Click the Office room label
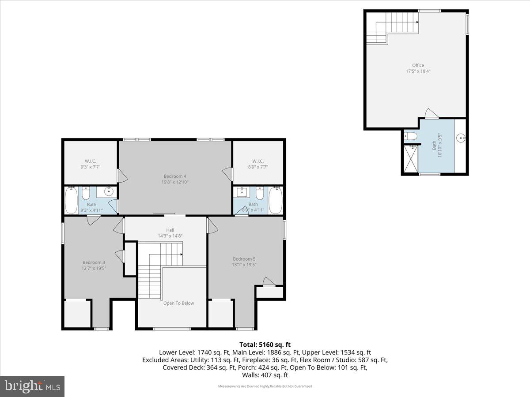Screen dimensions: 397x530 pos(418,65)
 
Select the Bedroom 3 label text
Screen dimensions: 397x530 pos(94,262)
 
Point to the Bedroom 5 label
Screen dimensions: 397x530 pos(244,259)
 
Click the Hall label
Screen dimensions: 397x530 pos(170,230)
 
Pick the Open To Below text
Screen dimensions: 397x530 pos(178,303)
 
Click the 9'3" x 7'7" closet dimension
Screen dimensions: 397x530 pos(91,167)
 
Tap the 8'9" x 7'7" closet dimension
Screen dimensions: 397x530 pos(257,167)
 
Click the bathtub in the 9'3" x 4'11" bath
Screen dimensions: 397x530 pos(71,201)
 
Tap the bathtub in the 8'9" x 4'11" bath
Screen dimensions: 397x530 pos(276,201)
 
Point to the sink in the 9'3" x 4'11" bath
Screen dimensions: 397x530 pos(108,192)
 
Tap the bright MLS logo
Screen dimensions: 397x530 pos(32,386)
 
